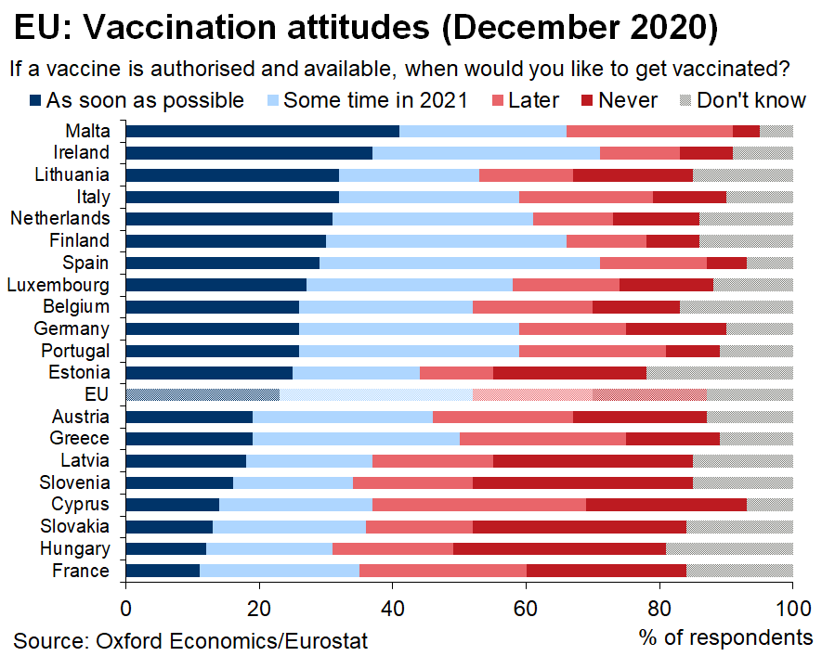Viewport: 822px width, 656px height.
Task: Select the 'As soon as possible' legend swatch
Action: pyautogui.click(x=36, y=100)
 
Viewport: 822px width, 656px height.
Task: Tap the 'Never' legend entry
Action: pyautogui.click(x=587, y=100)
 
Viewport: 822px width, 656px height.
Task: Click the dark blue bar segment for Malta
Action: pyautogui.click(x=262, y=131)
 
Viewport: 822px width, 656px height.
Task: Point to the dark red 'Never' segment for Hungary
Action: pyautogui.click(x=559, y=548)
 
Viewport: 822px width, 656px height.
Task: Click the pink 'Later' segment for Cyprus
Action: pyautogui.click(x=479, y=505)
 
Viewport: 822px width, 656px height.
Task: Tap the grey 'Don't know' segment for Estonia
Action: pyautogui.click(x=719, y=373)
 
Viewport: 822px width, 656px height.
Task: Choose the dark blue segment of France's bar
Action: pyautogui.click(x=163, y=571)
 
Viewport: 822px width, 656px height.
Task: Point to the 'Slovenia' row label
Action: pyautogui.click(x=74, y=482)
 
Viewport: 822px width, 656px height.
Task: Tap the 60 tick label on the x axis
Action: pyautogui.click(x=526, y=608)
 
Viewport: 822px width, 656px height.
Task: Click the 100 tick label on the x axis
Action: pyautogui.click(x=791, y=608)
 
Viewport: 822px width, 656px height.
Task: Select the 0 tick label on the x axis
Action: pyautogui.click(x=125, y=608)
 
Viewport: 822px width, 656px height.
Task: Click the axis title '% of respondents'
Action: pyautogui.click(x=725, y=637)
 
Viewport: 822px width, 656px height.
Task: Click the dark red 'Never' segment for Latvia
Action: pyautogui.click(x=593, y=460)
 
